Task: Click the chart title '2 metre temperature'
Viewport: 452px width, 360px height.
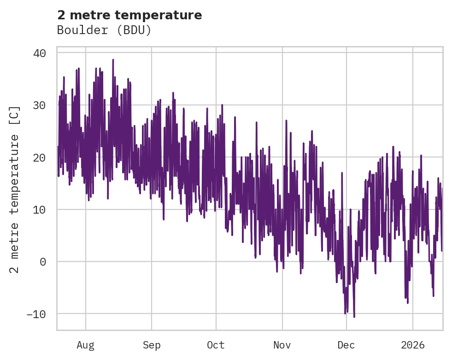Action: click(x=129, y=15)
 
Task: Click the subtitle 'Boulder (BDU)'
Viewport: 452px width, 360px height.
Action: click(x=104, y=30)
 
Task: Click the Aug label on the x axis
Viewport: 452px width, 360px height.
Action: click(x=85, y=345)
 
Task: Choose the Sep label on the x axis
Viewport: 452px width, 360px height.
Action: click(x=151, y=345)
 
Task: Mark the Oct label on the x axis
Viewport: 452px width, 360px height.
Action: click(x=216, y=345)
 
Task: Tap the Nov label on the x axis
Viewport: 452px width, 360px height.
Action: click(x=282, y=345)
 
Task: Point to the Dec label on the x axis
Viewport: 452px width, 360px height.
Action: click(x=346, y=345)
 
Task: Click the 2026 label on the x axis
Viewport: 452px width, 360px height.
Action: click(x=413, y=345)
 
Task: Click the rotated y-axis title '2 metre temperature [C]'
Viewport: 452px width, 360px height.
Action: click(x=15, y=189)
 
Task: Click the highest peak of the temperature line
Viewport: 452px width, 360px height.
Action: click(x=113, y=60)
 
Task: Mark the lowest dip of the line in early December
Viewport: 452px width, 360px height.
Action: click(x=354, y=317)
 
